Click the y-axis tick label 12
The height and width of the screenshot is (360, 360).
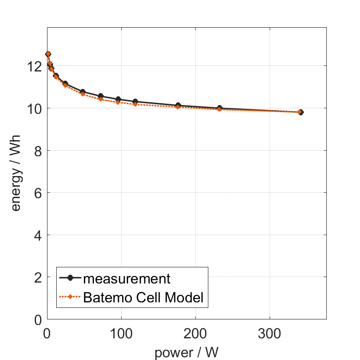(34, 66)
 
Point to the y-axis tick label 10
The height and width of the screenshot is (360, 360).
(34, 109)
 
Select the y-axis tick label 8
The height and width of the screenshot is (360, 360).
(37, 151)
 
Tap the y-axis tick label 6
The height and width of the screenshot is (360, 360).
(37, 193)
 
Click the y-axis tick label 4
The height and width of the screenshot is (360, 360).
(37, 235)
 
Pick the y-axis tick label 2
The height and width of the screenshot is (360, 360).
(37, 277)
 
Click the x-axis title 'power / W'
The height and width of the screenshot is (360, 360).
(186, 353)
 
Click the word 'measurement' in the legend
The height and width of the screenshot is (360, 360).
(127, 278)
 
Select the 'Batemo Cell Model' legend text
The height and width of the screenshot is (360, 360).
(143, 297)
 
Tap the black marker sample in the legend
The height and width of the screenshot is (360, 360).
(70, 278)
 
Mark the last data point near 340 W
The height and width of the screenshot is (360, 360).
(301, 112)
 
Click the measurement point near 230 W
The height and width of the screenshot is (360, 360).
(219, 108)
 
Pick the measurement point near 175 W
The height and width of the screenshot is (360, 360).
(178, 106)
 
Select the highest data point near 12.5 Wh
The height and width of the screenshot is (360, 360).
(48, 54)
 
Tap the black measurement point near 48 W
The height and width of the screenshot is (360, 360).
(83, 92)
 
